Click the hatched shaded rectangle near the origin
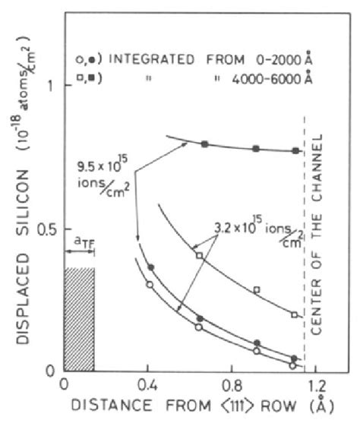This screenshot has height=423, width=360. [x=80, y=319]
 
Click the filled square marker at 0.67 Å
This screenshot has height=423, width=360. [x=204, y=144]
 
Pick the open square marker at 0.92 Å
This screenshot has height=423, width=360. [x=257, y=289]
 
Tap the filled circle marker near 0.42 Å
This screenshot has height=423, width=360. [x=151, y=267]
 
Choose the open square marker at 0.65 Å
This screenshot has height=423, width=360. [x=200, y=256]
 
